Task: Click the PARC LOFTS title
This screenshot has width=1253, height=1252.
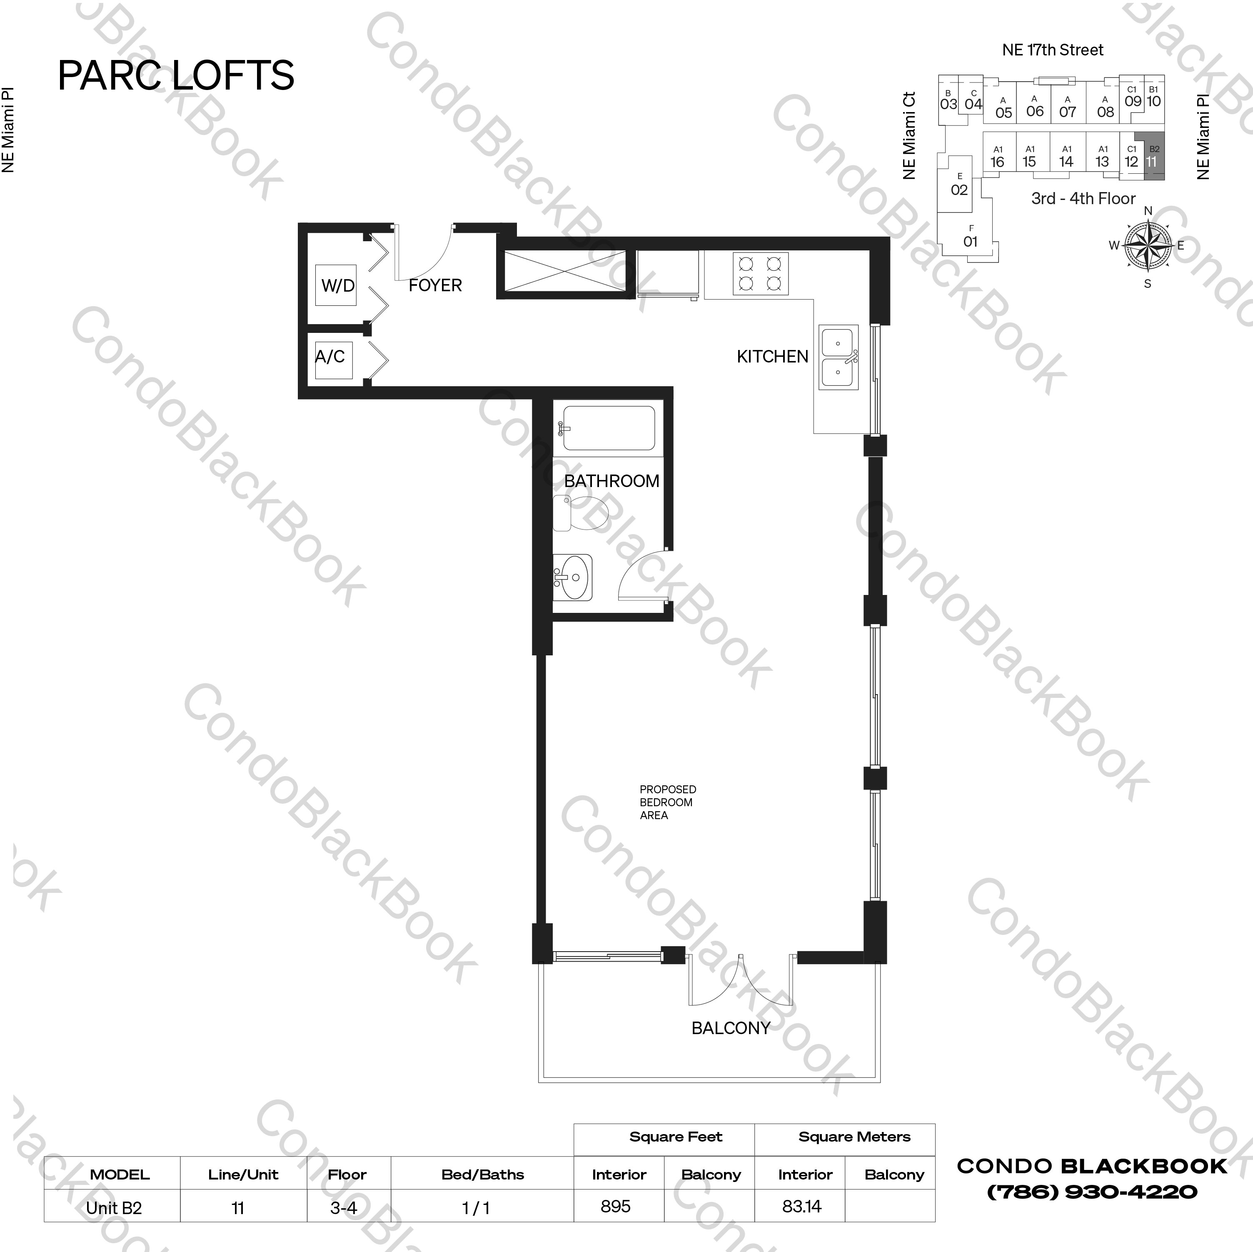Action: (x=176, y=75)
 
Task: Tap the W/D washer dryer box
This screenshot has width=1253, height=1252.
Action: (x=336, y=285)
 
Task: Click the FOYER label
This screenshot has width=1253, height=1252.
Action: (x=435, y=285)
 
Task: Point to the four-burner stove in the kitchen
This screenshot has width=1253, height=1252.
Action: (x=761, y=274)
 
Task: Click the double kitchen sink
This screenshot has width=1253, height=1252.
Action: (x=839, y=357)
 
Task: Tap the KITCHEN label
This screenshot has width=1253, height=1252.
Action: (x=772, y=357)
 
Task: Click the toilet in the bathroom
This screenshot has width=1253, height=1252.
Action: (x=580, y=513)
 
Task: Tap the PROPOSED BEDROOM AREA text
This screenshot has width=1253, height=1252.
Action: (x=667, y=802)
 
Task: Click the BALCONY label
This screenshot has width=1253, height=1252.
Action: (x=730, y=1028)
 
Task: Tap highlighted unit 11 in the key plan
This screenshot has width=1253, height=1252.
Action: (x=1153, y=156)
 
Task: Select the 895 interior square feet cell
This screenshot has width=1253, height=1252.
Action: (x=616, y=1207)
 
